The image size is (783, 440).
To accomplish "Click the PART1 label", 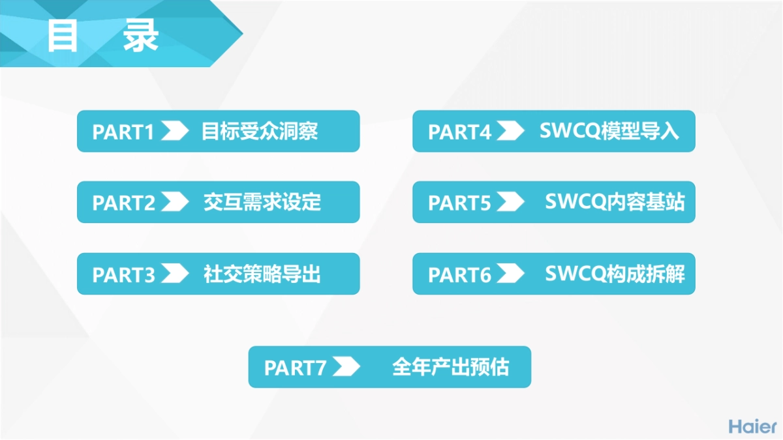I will [x=123, y=132].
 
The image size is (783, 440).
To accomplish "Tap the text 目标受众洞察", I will [x=260, y=131].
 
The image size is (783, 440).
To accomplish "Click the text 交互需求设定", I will [x=262, y=202].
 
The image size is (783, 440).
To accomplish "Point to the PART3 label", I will [x=123, y=274].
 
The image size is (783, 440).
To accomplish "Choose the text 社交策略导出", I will [x=262, y=274].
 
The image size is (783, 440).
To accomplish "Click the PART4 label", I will [x=459, y=132].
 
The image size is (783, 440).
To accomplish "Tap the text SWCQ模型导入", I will [x=609, y=131].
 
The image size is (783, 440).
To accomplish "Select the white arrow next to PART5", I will [x=510, y=202].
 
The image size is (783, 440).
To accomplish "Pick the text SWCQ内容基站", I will [x=615, y=202].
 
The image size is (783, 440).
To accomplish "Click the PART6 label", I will [x=459, y=274].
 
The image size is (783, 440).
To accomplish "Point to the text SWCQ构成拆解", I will [x=615, y=274].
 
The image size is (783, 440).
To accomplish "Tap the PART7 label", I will [x=295, y=368].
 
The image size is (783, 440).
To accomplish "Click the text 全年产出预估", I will [x=450, y=367].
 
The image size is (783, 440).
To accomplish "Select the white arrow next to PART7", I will [x=346, y=367].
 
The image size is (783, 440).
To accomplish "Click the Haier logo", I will [x=752, y=426].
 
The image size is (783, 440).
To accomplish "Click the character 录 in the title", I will [x=140, y=36].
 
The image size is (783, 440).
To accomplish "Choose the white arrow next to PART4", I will [x=510, y=131].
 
